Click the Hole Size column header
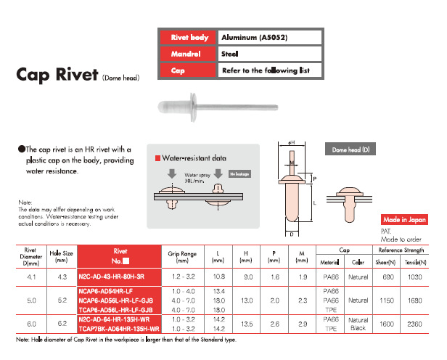point(60,255)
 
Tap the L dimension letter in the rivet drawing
point(315,205)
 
